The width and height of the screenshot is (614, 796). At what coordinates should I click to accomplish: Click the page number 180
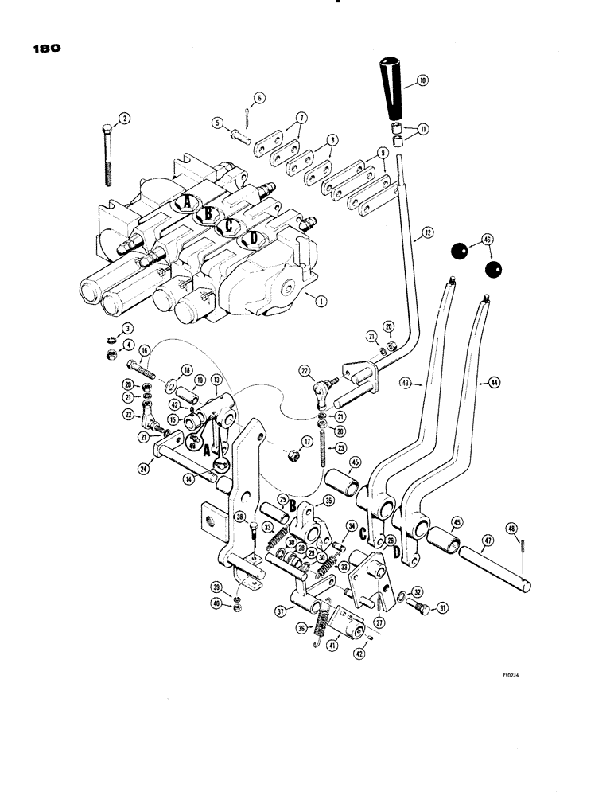click(x=43, y=48)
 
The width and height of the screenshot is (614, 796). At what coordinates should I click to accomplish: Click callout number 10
click(x=422, y=80)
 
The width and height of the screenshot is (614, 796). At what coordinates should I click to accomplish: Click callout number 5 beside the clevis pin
click(x=216, y=123)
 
